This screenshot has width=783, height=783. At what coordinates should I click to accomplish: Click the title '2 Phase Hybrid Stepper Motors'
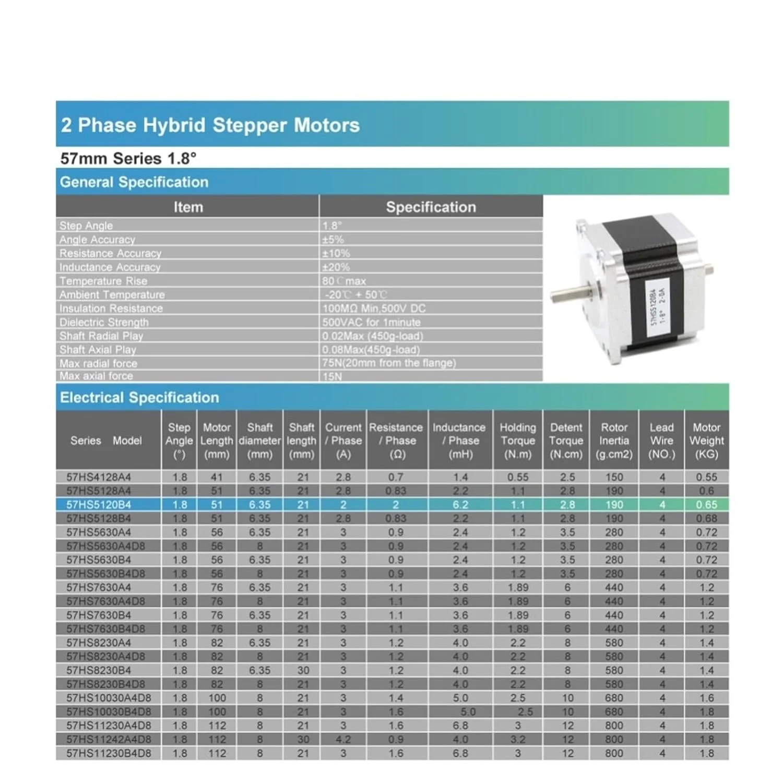pyautogui.click(x=210, y=125)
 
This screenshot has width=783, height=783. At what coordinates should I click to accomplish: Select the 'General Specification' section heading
pyautogui.click(x=134, y=182)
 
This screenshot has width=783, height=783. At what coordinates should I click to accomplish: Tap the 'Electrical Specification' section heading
pyautogui.click(x=139, y=398)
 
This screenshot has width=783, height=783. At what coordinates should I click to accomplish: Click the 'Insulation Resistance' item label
pyautogui.click(x=111, y=309)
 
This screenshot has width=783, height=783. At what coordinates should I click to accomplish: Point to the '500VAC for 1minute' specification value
pyautogui.click(x=371, y=322)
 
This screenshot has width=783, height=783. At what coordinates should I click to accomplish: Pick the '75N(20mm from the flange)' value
pyautogui.click(x=389, y=363)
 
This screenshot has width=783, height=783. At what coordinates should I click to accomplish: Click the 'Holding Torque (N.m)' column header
pyautogui.click(x=517, y=441)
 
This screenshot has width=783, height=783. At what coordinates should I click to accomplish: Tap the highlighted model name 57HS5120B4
pyautogui.click(x=99, y=505)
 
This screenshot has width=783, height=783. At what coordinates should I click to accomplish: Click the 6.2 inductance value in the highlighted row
pyautogui.click(x=460, y=505)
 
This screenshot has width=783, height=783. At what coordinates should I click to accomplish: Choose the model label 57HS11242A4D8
pyautogui.click(x=109, y=739)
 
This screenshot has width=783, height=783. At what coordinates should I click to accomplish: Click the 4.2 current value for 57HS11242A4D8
pyautogui.click(x=343, y=739)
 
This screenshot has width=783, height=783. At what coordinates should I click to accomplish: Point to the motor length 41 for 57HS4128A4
pyautogui.click(x=217, y=477)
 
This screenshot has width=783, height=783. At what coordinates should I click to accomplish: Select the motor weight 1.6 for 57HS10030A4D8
pyautogui.click(x=706, y=698)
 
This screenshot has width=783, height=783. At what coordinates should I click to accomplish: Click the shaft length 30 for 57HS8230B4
pyautogui.click(x=303, y=670)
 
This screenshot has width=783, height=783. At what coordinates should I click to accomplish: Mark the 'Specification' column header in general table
pyautogui.click(x=431, y=207)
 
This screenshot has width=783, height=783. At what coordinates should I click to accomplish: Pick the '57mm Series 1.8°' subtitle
pyautogui.click(x=128, y=159)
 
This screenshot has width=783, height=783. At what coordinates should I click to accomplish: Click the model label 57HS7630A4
pyautogui.click(x=99, y=588)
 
